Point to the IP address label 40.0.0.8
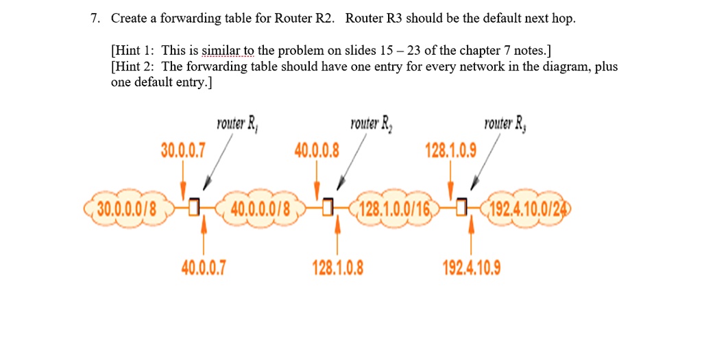click(316, 149)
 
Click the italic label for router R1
click(236, 125)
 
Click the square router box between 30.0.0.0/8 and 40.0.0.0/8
click(194, 205)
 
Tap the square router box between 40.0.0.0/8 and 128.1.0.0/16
click(328, 205)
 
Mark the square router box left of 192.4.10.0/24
click(463, 205)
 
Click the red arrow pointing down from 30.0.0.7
click(182, 180)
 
